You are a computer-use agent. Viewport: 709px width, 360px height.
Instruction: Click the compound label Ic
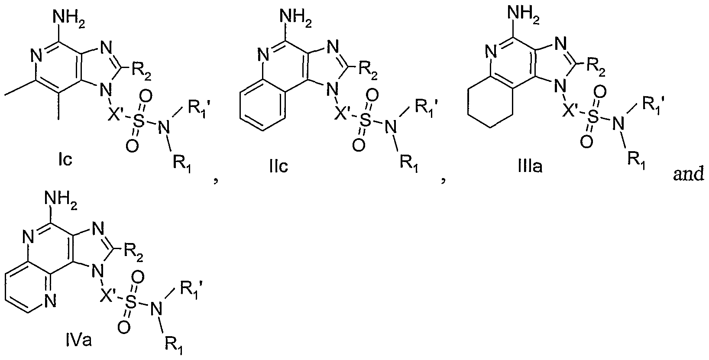point(65,159)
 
